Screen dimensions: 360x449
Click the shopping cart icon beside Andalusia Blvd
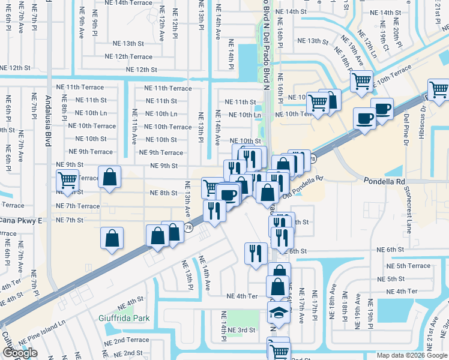point(68,179)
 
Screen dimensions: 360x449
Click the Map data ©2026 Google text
point(411,355)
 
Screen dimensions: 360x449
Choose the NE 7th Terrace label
point(77,206)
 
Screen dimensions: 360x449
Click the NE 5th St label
point(391,279)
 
